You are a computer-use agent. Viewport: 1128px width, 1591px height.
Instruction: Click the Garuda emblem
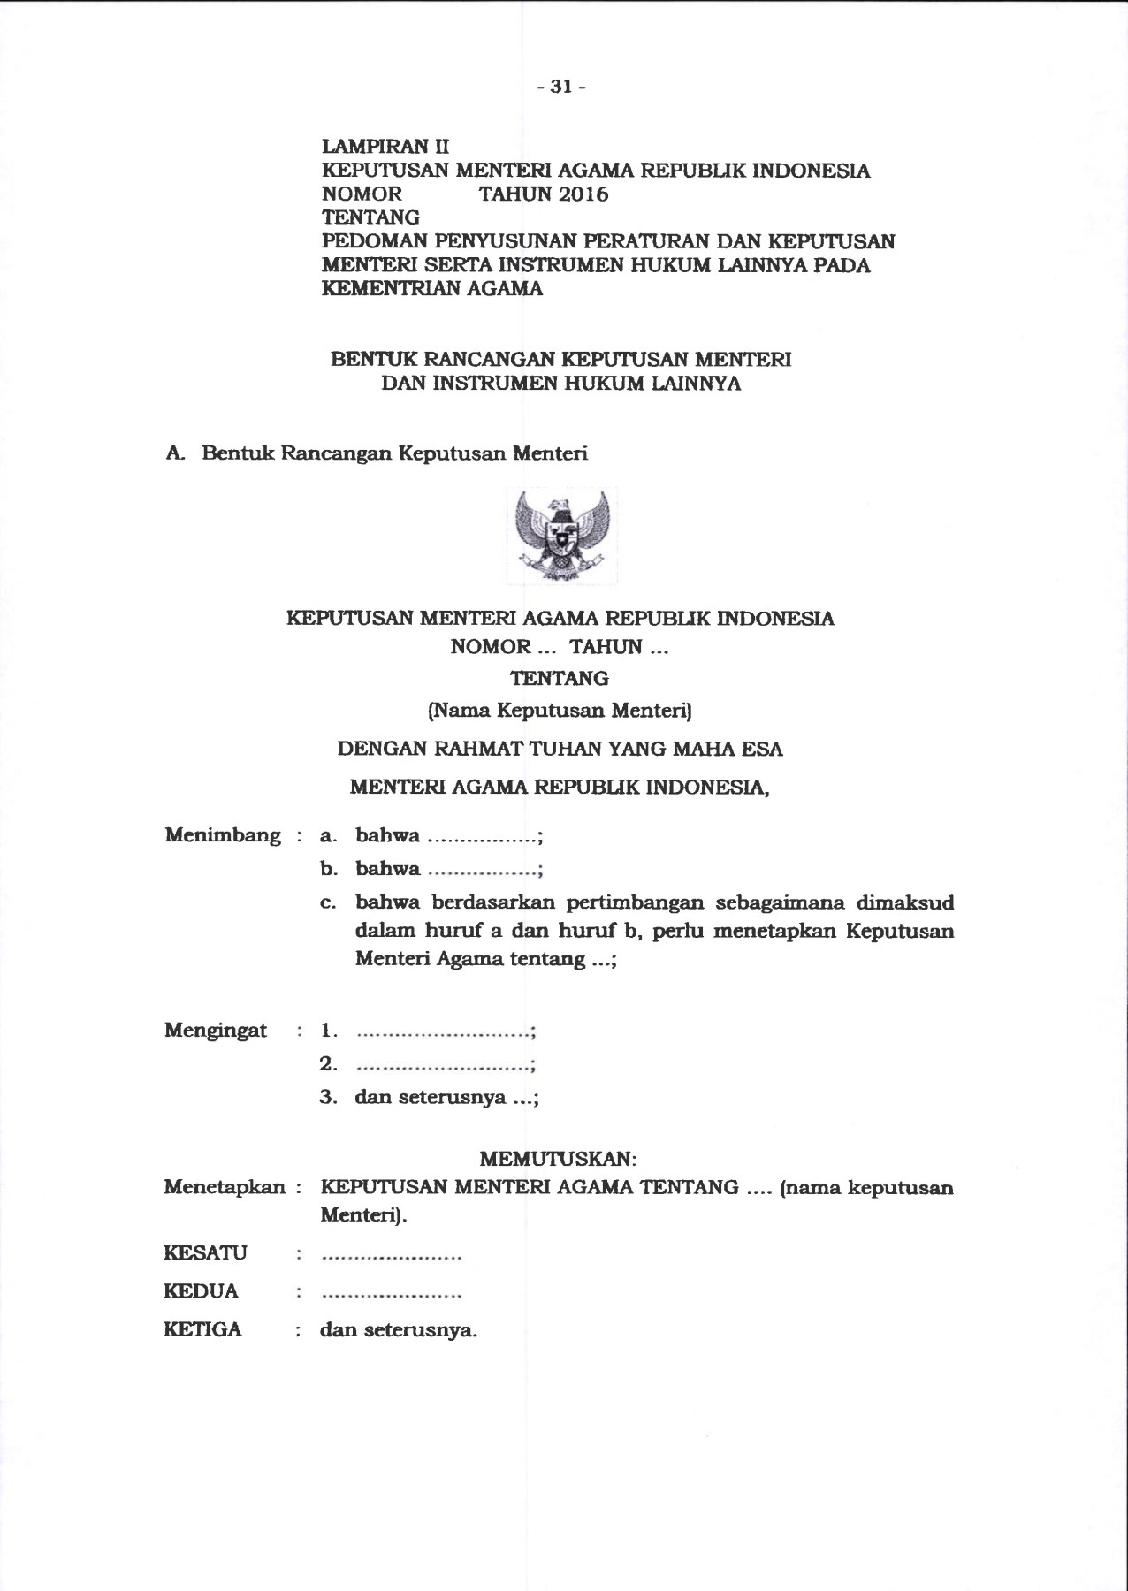(561, 536)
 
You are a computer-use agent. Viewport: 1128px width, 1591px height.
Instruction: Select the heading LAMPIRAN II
(385, 147)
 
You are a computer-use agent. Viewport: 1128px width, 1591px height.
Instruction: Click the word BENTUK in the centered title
(374, 360)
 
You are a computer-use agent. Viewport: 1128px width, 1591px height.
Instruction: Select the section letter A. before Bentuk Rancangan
(175, 453)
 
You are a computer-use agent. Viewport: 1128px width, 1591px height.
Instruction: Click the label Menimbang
(223, 835)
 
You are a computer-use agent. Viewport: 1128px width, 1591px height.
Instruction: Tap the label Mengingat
(216, 1031)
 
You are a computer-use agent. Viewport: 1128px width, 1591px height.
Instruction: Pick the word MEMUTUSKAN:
(558, 1158)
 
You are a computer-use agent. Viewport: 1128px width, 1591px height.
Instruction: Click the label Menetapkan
(225, 1187)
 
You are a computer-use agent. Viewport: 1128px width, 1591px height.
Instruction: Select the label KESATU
(205, 1253)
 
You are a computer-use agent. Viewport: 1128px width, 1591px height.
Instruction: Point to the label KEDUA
(201, 1291)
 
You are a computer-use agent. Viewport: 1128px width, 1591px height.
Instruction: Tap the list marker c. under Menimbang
(328, 903)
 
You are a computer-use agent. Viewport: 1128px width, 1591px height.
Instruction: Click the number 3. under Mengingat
(329, 1098)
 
